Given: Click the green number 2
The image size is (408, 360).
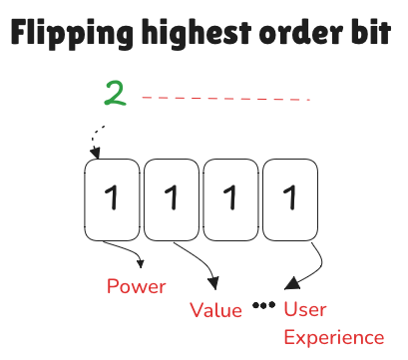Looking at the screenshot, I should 115,95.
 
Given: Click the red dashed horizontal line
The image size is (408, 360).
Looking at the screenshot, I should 226,99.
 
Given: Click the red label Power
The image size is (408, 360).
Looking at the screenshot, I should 136,287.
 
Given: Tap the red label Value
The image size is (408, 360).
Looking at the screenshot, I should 216,310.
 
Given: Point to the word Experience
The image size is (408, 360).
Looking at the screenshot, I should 334,337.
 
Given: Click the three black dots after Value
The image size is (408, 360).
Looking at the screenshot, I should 263,305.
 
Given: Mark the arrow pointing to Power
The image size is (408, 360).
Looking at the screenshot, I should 124,255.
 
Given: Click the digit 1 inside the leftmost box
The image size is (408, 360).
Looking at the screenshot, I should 112,199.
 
